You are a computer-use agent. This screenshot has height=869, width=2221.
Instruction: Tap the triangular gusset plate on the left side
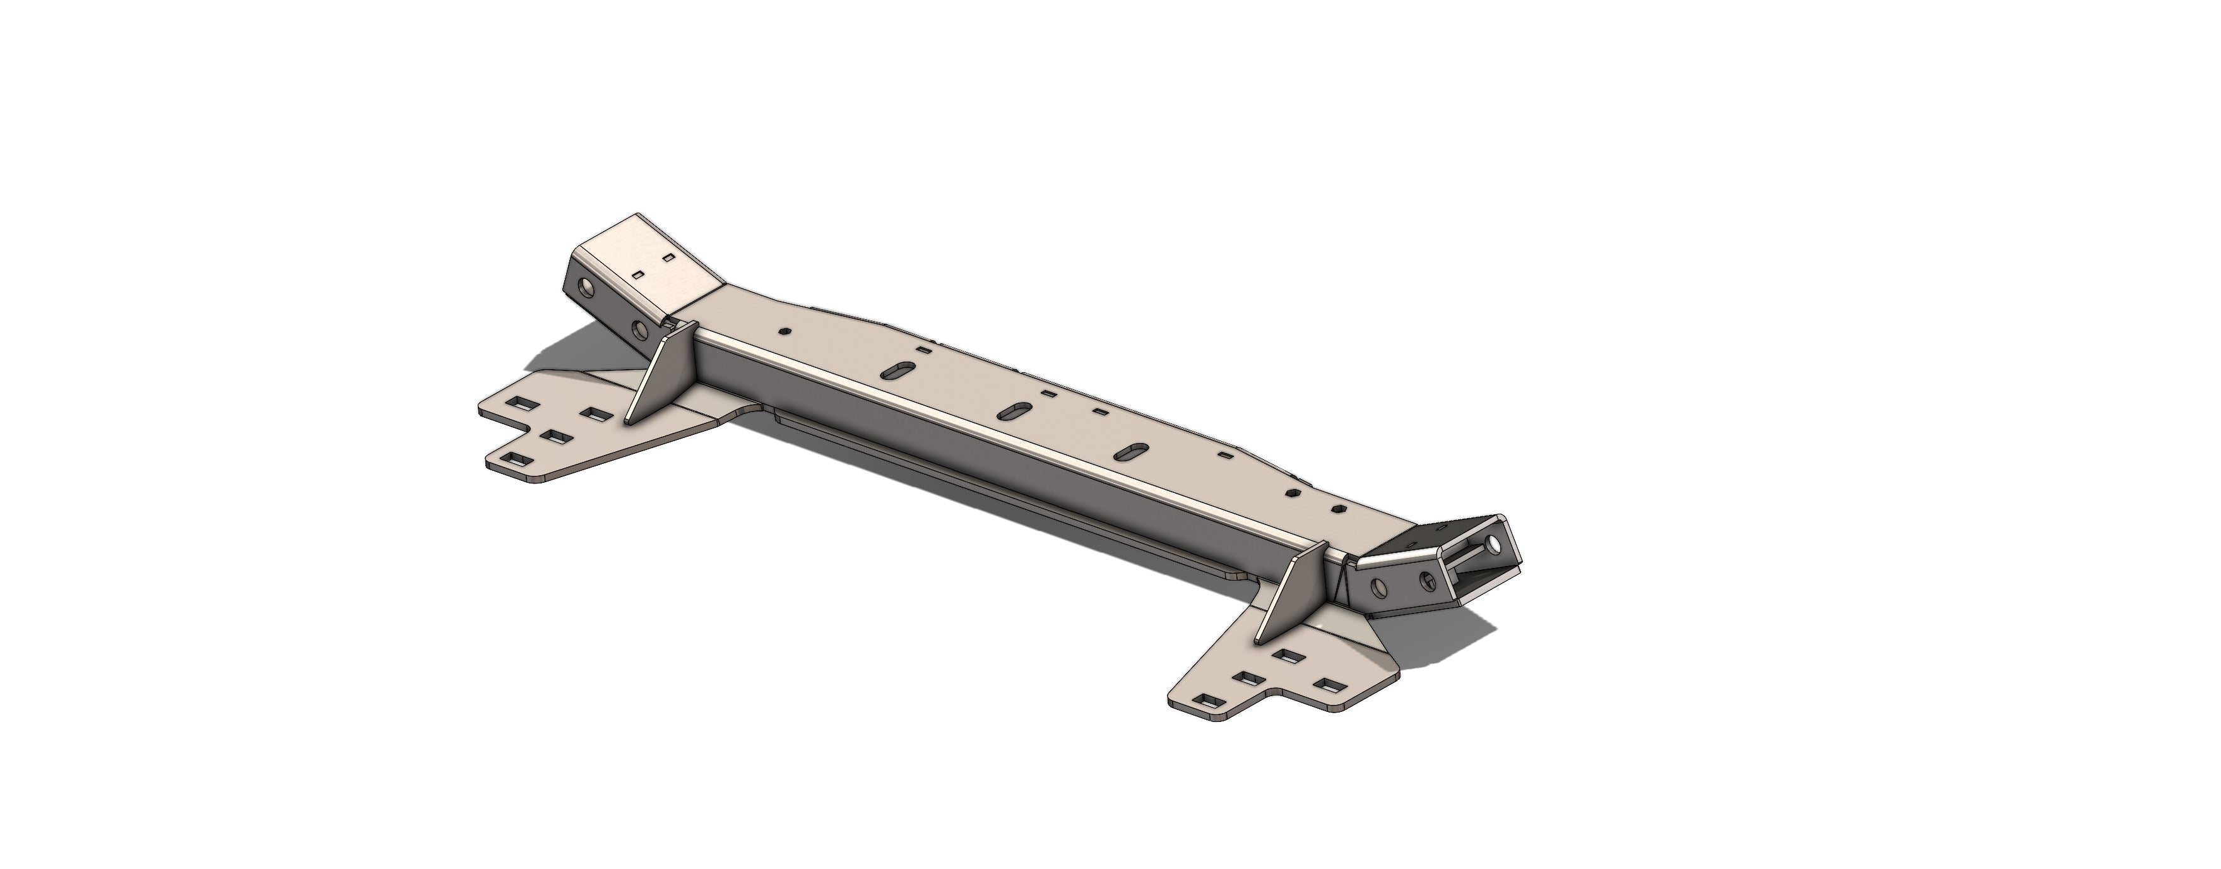658,379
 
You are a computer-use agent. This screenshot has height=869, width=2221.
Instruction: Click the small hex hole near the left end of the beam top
784,329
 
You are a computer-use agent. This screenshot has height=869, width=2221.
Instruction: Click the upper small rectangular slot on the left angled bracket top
667,257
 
